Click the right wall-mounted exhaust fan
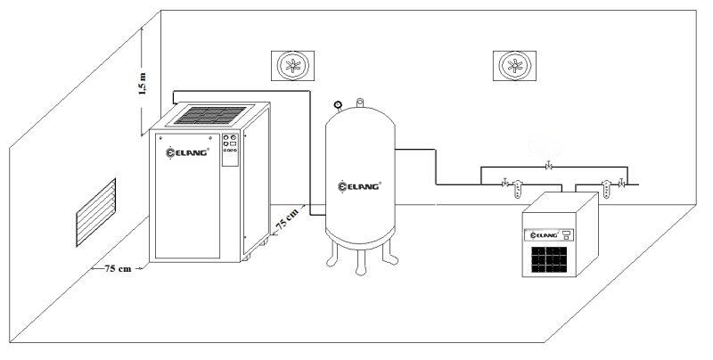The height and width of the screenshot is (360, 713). (513, 65)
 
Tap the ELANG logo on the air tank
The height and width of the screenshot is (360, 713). (360, 187)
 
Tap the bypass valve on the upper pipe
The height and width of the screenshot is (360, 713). (547, 167)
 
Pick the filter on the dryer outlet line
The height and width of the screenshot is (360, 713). (606, 189)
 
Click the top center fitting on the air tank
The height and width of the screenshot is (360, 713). (360, 102)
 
